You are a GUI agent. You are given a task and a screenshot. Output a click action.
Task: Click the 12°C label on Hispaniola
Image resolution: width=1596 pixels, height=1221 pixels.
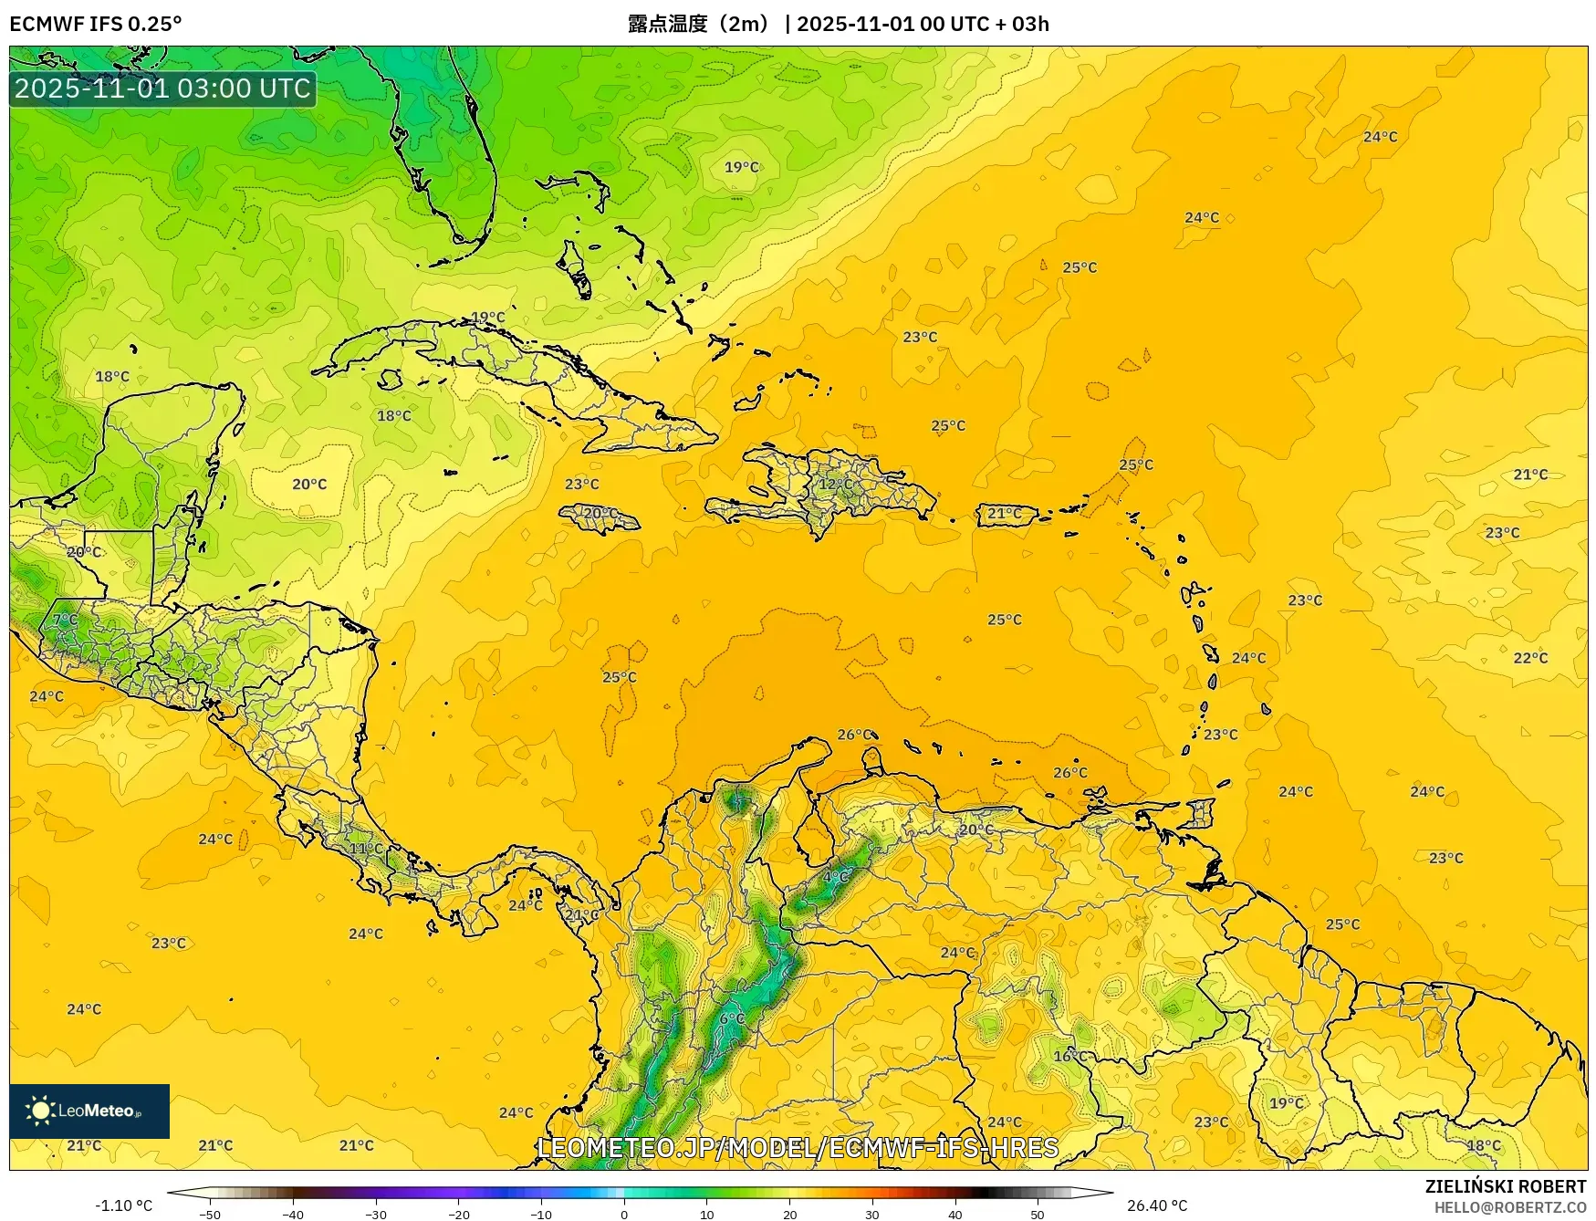coord(835,484)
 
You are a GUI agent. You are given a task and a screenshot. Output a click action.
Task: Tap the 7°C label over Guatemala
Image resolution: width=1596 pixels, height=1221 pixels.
coord(65,620)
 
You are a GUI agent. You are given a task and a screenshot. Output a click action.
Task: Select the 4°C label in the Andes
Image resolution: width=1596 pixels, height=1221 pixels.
coord(836,876)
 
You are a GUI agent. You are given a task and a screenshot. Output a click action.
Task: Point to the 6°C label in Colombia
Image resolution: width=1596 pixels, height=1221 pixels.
coord(732,1018)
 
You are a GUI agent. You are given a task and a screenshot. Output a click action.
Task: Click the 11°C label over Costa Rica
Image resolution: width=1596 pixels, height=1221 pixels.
coord(366,848)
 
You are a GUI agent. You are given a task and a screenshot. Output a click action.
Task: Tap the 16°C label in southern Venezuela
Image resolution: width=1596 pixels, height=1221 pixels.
coord(1070,1056)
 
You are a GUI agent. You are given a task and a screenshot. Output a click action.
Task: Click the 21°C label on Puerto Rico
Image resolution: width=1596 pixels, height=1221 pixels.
coord(1005,514)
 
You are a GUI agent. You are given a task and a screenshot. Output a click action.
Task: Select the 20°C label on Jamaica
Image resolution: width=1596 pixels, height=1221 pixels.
coord(600,513)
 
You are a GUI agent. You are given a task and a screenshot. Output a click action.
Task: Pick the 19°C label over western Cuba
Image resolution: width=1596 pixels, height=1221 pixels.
coord(487,318)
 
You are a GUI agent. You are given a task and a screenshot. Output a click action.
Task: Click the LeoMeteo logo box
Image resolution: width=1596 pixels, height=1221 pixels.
coord(89,1111)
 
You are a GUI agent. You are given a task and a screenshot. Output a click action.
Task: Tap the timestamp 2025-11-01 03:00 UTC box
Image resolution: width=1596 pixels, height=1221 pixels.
coord(162,89)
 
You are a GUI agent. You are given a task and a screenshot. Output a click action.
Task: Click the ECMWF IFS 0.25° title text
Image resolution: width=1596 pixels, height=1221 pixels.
coord(96,24)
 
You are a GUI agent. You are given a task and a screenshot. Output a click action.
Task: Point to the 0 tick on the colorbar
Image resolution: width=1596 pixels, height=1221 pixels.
coord(624,1214)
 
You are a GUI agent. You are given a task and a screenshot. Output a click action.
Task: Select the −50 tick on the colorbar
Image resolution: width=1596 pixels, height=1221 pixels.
coord(210,1214)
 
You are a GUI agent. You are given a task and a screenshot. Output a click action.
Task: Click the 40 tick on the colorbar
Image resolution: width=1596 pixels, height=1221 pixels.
coord(955,1214)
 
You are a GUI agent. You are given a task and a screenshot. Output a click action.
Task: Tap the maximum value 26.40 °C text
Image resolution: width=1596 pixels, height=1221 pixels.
coord(1157,1205)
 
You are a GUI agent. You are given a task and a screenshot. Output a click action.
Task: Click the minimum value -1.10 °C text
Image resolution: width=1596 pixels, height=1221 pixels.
coord(124,1205)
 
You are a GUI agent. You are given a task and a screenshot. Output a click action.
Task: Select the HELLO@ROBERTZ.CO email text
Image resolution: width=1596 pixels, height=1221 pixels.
coord(1509,1207)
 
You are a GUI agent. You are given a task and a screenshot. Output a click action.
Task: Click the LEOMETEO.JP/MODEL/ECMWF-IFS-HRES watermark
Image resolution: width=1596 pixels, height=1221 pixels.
coord(798,1147)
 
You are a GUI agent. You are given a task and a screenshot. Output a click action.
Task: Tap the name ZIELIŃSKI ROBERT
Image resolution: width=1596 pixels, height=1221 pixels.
coord(1505,1186)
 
